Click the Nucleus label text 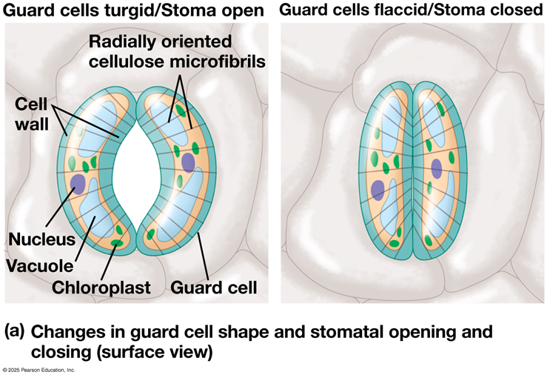[x=42, y=239]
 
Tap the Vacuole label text [x=40, y=266]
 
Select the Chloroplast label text [x=101, y=288]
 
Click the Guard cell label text [x=213, y=288]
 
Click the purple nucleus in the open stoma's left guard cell [x=78, y=185]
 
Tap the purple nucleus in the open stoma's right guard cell [x=188, y=162]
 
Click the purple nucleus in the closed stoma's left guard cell [x=377, y=190]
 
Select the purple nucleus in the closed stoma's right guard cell [x=437, y=168]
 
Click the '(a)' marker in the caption [x=14, y=331]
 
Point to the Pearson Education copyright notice [x=38, y=370]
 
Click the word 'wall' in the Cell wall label [x=32, y=124]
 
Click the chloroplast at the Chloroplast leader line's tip [x=116, y=243]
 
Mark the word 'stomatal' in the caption [x=346, y=332]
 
